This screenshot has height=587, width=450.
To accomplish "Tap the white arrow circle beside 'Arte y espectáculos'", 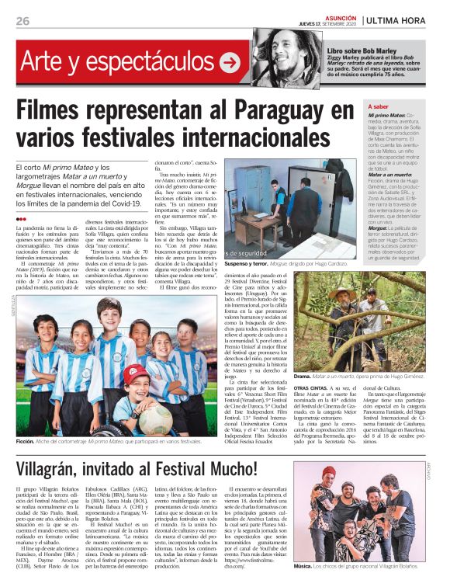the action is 229,63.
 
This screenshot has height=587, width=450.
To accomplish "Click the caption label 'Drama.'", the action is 303,376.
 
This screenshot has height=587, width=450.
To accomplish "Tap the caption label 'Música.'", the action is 304,567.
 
